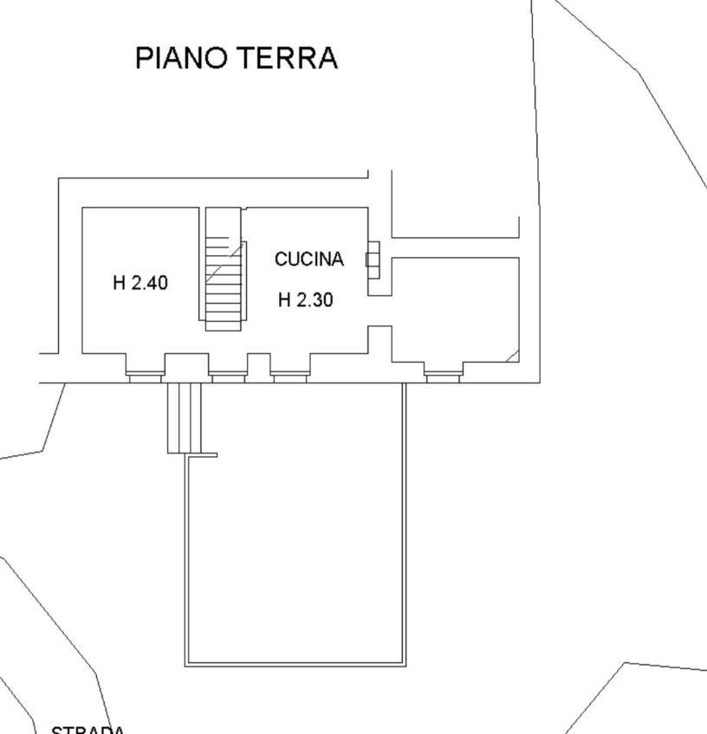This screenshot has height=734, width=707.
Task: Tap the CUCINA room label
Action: (309, 259)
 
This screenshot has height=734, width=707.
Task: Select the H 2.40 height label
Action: (140, 282)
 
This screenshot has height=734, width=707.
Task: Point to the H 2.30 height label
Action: (306, 300)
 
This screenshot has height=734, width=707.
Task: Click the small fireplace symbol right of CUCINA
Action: (373, 259)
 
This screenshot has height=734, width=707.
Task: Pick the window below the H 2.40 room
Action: (145, 376)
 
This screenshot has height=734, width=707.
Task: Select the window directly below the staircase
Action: (228, 376)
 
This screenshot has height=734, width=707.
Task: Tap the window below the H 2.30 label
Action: (290, 376)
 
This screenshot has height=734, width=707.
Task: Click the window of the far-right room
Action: (443, 376)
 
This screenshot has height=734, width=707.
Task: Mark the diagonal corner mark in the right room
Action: (513, 356)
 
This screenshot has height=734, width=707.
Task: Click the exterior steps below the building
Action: (184, 417)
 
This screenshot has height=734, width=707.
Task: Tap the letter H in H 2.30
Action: (283, 300)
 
